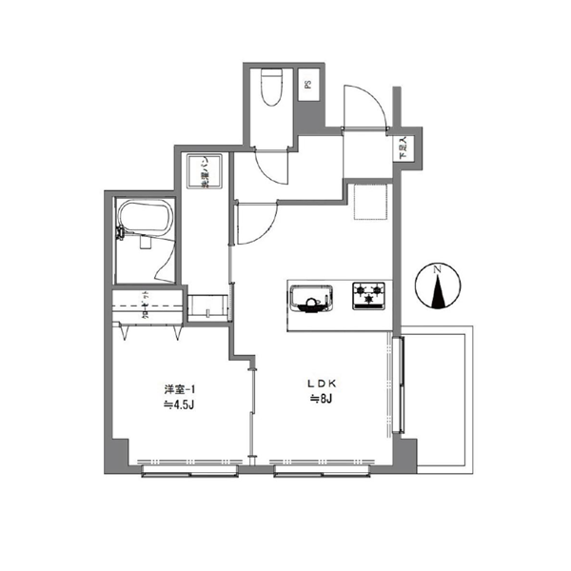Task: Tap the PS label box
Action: click(308, 85)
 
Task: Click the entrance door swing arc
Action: click(364, 105)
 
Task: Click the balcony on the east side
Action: click(439, 400)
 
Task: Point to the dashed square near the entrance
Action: click(366, 203)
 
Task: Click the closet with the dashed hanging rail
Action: click(148, 305)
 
